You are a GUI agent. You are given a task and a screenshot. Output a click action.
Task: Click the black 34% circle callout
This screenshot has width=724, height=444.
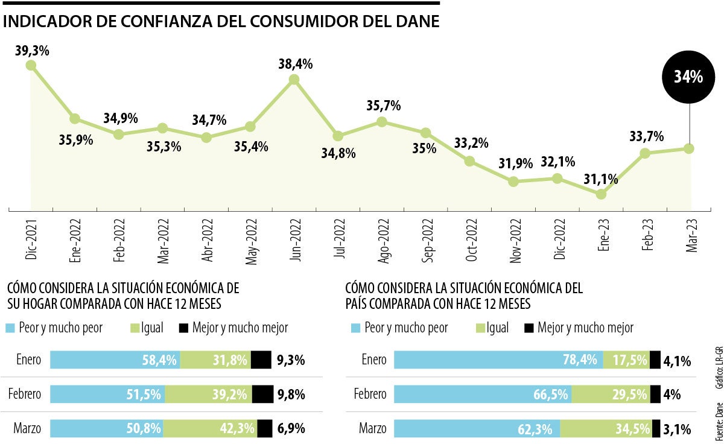[x=688, y=77]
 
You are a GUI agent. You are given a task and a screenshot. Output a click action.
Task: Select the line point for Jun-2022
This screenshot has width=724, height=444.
[x=294, y=80]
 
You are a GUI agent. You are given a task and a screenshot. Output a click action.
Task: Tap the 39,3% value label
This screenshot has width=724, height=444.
[x=32, y=51]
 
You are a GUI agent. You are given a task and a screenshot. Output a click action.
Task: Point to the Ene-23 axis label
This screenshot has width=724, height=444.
[x=601, y=240]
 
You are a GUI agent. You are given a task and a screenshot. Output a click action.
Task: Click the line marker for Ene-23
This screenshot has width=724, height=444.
[x=601, y=194]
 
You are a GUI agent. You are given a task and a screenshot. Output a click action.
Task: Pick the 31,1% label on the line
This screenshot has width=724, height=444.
[x=600, y=179]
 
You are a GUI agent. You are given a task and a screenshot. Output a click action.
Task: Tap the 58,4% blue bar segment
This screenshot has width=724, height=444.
[x=115, y=360]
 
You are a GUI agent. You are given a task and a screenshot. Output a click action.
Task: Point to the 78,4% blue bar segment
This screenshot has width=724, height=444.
[x=498, y=360]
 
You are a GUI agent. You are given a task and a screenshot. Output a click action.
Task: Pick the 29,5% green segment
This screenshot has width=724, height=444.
[x=611, y=395]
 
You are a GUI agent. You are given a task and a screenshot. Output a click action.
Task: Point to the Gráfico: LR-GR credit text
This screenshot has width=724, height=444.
[x=718, y=369]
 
